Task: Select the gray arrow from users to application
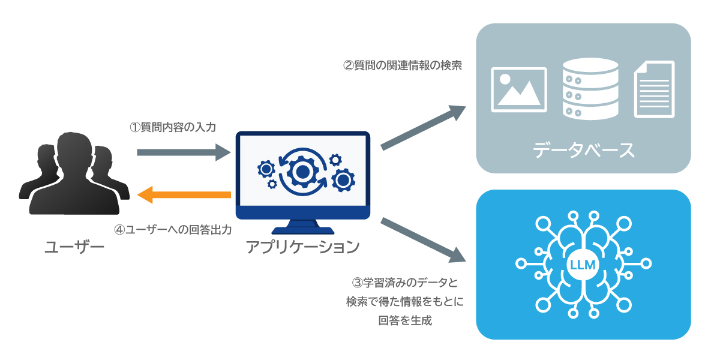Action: (x=183, y=152)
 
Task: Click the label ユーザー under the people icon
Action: (x=74, y=247)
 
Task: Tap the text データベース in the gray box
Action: (x=583, y=150)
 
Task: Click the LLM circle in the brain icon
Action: (x=583, y=265)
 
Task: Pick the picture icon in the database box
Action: (x=518, y=89)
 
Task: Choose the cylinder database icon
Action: (x=590, y=89)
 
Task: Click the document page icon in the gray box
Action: (x=654, y=89)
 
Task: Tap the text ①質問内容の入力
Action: (x=173, y=127)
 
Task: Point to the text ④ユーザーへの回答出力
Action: (x=173, y=230)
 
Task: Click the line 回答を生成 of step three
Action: (x=405, y=320)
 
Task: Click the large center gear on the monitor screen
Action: (x=302, y=172)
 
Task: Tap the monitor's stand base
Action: (x=302, y=230)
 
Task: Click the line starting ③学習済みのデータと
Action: (x=405, y=282)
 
